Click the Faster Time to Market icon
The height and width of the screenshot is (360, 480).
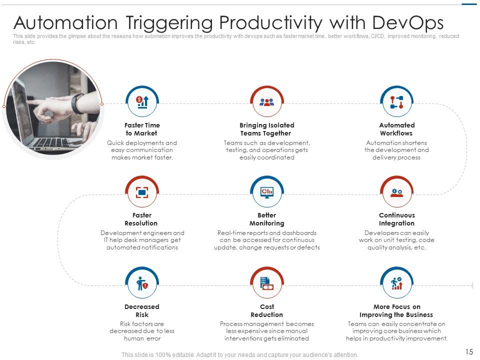tap(142, 102)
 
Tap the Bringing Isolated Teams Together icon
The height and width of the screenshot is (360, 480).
tap(267, 102)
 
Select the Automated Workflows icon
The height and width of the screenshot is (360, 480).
tap(396, 102)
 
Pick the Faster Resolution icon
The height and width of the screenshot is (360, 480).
tap(142, 192)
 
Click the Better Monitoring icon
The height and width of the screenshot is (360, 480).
tap(267, 192)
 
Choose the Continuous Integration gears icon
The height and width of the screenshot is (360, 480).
tap(396, 192)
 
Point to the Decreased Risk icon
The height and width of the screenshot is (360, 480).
tap(142, 284)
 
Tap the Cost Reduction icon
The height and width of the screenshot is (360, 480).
tap(267, 284)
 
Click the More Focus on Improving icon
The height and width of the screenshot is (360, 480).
tap(396, 284)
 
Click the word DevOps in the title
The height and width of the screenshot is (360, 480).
tap(408, 23)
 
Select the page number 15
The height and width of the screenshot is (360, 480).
tap(469, 352)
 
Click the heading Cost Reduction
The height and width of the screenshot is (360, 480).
tap(267, 310)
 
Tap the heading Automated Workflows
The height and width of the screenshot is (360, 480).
tap(396, 129)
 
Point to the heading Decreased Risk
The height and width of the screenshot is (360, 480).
tap(142, 310)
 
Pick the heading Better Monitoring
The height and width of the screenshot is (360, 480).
tap(267, 219)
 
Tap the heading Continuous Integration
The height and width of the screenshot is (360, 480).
tap(396, 219)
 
